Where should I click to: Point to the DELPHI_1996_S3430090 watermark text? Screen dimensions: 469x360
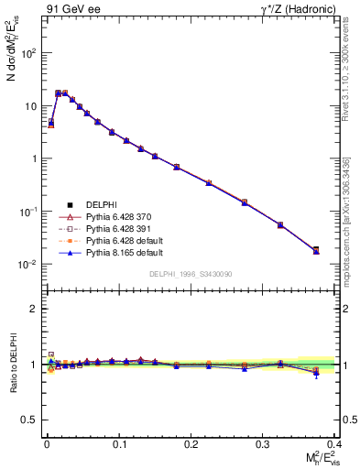click(189, 274)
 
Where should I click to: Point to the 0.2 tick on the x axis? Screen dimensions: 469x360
click(191, 443)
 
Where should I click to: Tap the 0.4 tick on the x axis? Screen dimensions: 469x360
click(334, 443)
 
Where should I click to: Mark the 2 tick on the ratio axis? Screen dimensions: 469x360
click(35, 309)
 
